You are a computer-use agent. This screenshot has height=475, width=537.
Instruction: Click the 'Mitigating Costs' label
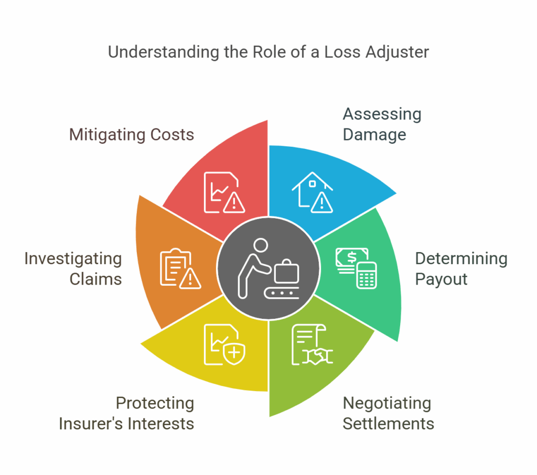tap(132, 135)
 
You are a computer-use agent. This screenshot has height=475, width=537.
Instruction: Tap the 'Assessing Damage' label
tap(382, 124)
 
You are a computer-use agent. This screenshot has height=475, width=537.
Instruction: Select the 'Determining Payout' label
tap(461, 268)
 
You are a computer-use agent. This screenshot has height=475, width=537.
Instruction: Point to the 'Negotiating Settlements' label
tap(388, 413)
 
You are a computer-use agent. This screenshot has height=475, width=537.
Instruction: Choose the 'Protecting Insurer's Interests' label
tap(126, 413)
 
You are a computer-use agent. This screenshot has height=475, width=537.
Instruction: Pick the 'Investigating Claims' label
tap(73, 268)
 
